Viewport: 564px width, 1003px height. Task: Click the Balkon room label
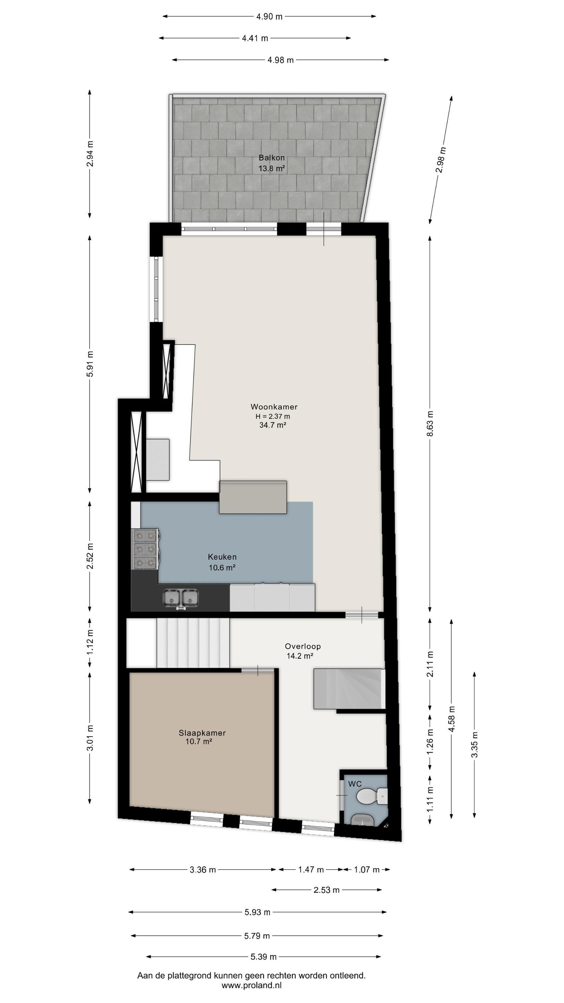[x=272, y=158]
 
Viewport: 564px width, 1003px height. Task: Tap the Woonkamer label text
[x=274, y=407]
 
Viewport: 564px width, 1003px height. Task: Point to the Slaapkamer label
[x=202, y=733]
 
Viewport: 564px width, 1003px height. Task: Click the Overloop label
[x=303, y=646]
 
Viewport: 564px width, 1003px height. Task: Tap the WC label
[x=355, y=784]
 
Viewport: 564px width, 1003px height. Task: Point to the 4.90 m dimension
[x=269, y=16]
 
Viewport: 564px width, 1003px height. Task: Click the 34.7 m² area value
[x=273, y=425]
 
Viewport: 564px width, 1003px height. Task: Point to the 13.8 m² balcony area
[x=272, y=169]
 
